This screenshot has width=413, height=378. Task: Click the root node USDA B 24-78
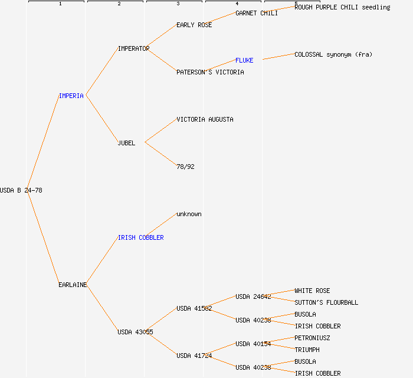click(x=21, y=190)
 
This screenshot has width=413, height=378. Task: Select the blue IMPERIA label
click(x=71, y=96)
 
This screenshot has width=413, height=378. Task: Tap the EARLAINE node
click(x=73, y=285)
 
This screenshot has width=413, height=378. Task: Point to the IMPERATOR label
click(x=133, y=48)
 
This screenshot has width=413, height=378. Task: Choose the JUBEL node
click(x=126, y=143)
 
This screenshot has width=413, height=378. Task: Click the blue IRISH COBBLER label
click(x=140, y=237)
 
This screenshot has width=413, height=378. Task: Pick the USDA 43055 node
click(x=135, y=332)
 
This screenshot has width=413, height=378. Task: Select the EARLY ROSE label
click(x=194, y=25)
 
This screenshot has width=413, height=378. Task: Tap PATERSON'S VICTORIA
click(x=210, y=72)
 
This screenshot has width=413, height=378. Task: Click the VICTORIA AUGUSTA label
click(x=205, y=119)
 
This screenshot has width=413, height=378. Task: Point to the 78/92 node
click(x=185, y=167)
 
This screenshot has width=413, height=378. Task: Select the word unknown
click(x=189, y=214)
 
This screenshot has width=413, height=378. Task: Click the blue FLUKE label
click(x=244, y=60)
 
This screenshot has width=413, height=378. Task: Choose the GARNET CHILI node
click(x=257, y=13)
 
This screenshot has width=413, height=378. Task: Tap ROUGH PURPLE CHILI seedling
click(x=342, y=7)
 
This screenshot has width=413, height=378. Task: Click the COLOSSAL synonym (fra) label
click(x=333, y=54)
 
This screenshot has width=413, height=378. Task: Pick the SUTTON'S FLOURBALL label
click(x=326, y=302)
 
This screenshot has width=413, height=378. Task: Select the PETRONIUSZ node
click(x=312, y=338)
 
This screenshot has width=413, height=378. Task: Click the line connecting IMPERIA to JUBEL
click(x=101, y=118)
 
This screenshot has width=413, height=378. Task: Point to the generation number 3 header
click(x=178, y=4)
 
